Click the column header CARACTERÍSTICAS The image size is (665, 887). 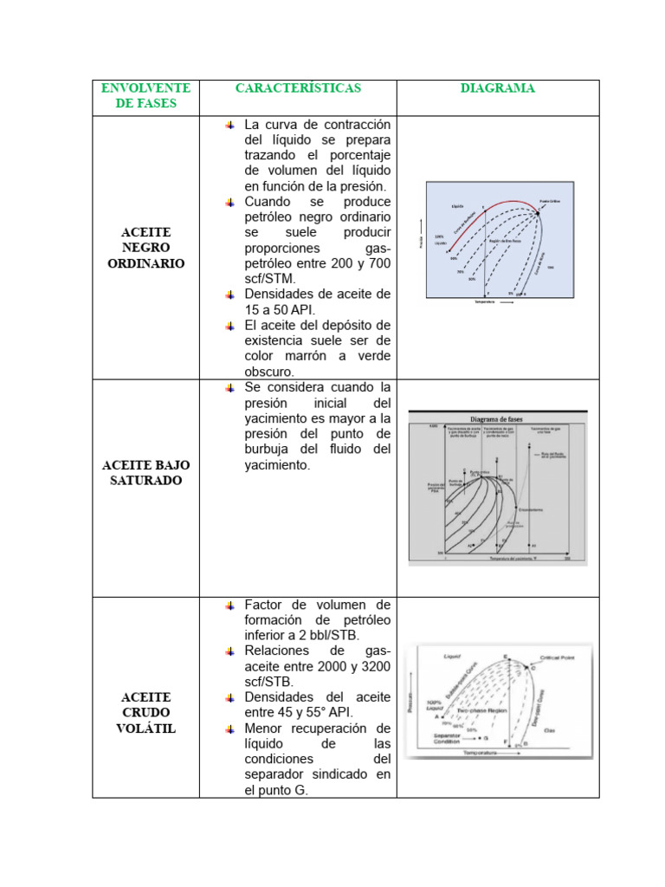[298, 88]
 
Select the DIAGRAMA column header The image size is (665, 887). [497, 88]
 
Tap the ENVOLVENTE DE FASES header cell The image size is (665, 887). [145, 95]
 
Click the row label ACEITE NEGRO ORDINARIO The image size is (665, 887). [145, 248]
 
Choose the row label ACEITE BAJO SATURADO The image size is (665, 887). [145, 472]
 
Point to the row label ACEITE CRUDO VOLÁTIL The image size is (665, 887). [145, 712]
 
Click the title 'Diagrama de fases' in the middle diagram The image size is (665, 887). [497, 416]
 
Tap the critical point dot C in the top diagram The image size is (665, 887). [538, 215]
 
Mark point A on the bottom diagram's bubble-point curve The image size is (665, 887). [441, 716]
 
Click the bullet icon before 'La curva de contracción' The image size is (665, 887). [229, 125]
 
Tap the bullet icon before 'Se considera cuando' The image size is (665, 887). [229, 387]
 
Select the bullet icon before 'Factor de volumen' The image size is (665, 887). [229, 605]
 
